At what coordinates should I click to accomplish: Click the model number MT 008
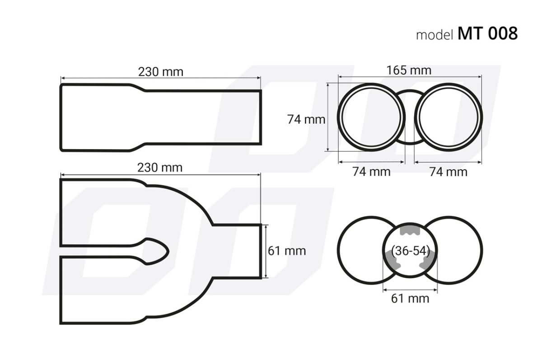click(487, 33)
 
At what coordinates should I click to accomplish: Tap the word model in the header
click(435, 35)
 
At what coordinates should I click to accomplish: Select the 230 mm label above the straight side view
click(161, 71)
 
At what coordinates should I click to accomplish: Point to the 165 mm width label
click(409, 70)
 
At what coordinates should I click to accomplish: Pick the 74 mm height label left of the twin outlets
click(306, 120)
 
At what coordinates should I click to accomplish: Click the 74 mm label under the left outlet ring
click(371, 172)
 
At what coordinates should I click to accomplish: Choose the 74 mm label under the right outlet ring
click(448, 172)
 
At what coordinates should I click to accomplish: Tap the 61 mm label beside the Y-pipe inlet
click(287, 250)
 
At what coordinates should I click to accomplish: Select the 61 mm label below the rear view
click(410, 299)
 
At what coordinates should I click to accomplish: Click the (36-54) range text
click(410, 251)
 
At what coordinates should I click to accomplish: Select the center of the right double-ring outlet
click(448, 116)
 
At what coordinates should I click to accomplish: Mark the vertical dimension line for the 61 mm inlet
click(267, 251)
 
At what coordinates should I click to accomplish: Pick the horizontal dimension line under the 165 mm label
click(410, 77)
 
